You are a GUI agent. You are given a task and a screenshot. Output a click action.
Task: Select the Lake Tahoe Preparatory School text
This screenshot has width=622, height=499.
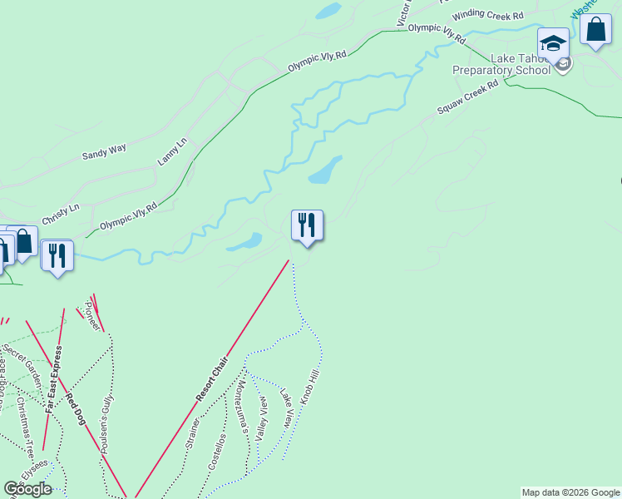tap(501, 64)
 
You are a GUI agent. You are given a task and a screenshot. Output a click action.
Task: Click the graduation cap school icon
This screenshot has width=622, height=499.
tap(553, 42)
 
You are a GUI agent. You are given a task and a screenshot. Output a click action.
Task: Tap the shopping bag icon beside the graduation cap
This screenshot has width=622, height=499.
tap(595, 30)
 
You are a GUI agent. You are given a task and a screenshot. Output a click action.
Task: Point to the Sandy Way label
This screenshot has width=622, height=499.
tap(104, 151)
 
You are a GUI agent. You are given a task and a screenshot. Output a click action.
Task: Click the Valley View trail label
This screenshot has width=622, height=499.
tap(263, 417)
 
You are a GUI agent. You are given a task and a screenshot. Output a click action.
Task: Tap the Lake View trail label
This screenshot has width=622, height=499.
tap(286, 407)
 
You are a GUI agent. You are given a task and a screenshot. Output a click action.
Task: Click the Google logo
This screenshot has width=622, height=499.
tap(27, 489)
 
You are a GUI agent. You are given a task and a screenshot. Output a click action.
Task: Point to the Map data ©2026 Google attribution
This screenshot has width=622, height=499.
tap(570, 492)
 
